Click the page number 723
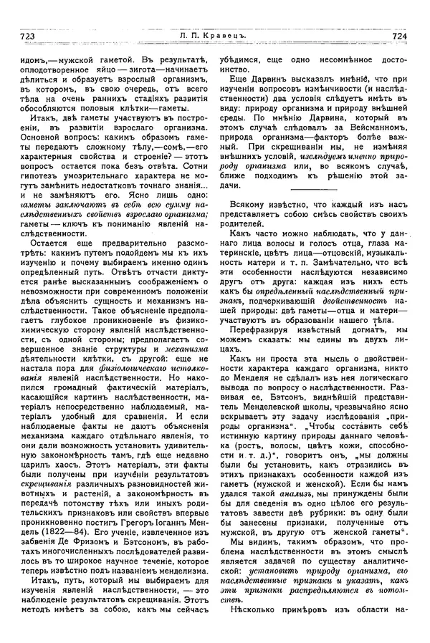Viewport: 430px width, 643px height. click(x=25, y=34)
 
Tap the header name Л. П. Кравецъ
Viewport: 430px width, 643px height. click(x=214, y=34)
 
